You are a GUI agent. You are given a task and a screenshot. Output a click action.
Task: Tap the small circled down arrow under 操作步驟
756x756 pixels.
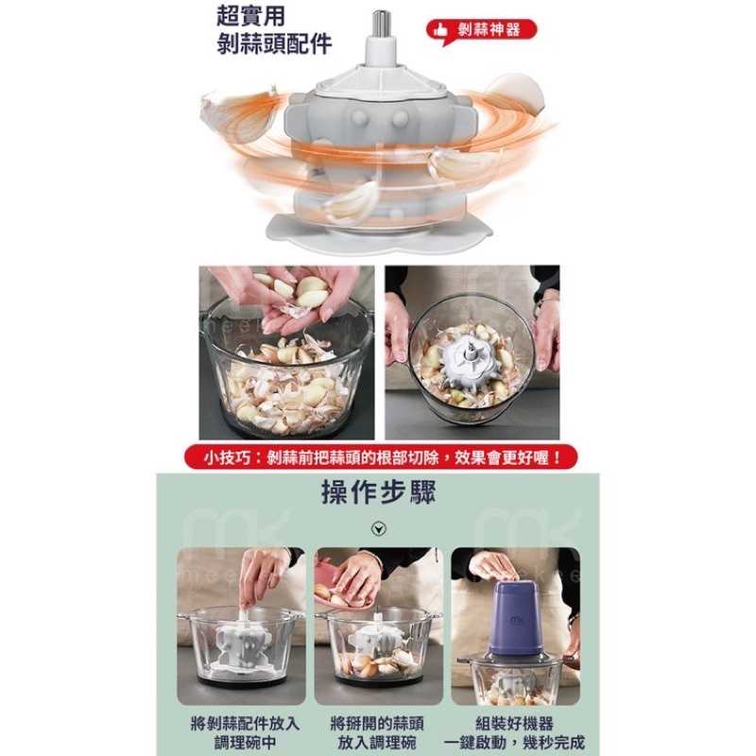pos(379,528)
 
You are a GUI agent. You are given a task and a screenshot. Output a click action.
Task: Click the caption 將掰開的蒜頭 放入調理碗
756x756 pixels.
pos(378,732)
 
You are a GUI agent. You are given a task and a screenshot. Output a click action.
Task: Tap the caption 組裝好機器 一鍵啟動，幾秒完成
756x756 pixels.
pos(515,732)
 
